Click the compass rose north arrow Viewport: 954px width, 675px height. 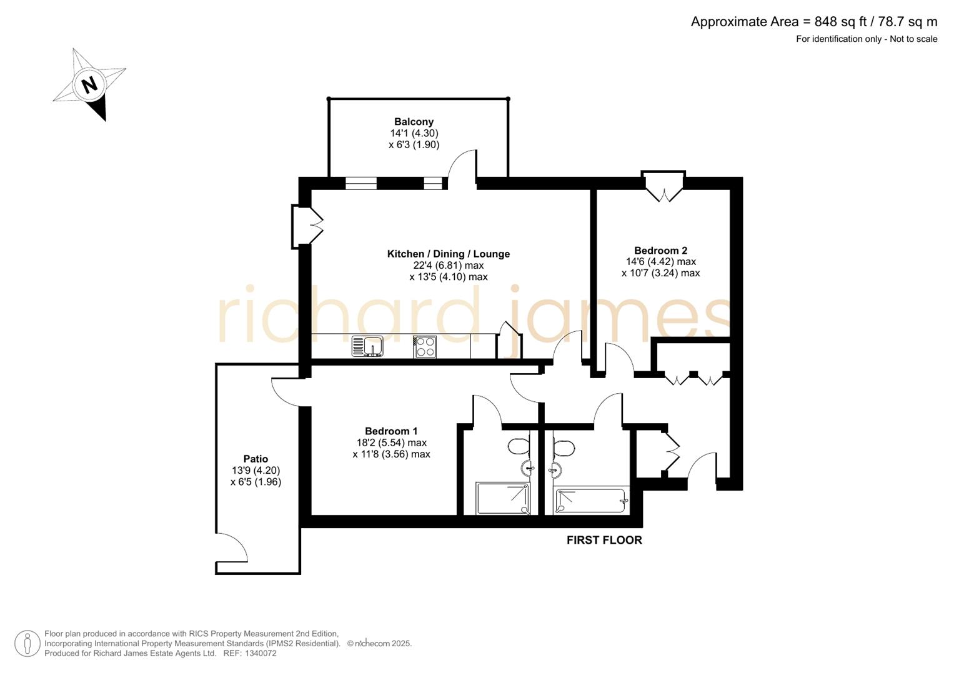[x=89, y=84]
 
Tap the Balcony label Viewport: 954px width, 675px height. [x=414, y=122]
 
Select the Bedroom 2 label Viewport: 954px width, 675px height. [x=660, y=251]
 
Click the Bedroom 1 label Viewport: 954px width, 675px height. [x=391, y=431]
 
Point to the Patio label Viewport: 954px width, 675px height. [x=256, y=459]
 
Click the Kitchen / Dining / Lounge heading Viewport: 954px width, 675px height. [x=448, y=254]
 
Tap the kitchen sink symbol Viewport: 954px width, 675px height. [x=367, y=346]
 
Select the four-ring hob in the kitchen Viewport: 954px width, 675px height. [x=425, y=346]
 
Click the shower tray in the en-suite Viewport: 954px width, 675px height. [x=503, y=499]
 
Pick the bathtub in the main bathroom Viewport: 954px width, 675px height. [x=590, y=501]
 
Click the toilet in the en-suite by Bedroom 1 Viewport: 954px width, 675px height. [x=518, y=447]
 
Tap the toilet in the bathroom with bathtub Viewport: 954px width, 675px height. [x=564, y=447]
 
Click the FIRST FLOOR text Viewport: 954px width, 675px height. [x=604, y=540]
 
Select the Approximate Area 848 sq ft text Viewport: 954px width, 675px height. [x=813, y=22]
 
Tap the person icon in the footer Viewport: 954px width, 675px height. [x=27, y=643]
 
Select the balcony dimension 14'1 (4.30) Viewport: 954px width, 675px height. [x=414, y=133]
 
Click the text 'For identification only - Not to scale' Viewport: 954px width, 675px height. [x=866, y=39]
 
